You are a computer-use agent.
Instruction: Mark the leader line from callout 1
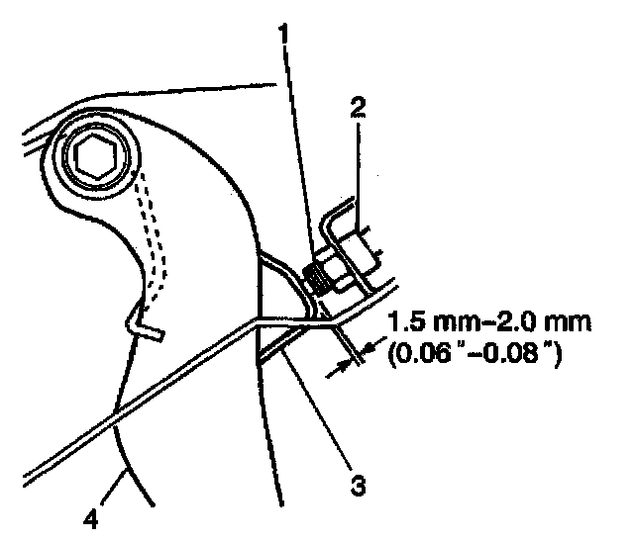point(298,148)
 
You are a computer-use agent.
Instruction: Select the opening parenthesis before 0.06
point(393,352)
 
